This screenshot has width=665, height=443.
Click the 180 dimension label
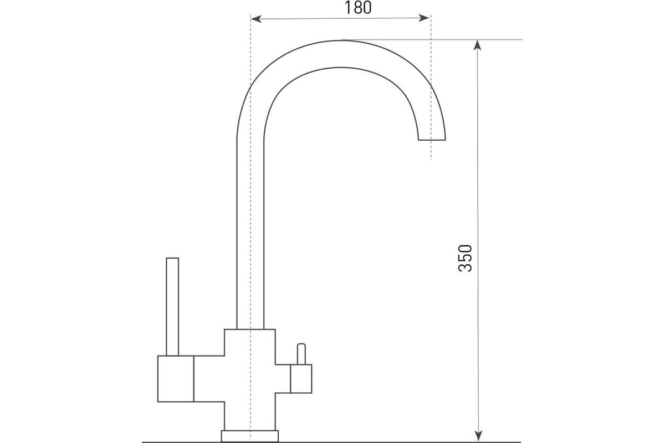pos(358,8)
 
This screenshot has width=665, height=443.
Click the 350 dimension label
pos(465,259)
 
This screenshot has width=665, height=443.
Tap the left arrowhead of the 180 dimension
pos(256,19)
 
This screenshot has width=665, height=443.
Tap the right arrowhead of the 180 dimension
pos(423,18)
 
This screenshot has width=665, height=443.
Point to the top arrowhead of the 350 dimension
pos(477,45)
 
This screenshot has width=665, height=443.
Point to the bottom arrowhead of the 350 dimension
pos(478,436)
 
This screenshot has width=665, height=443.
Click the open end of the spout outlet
pos(432,140)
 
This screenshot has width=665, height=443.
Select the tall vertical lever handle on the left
pos(172,307)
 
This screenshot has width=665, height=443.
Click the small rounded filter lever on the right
pos(301,354)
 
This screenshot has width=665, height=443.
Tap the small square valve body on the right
pos(301,379)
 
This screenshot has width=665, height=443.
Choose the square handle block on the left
pos(176,379)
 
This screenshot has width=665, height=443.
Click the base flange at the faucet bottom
pos(250,436)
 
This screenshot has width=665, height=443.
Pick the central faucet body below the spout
pos(250,379)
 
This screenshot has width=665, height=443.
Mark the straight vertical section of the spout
pos(250,234)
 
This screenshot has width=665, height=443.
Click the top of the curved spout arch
pos(341,54)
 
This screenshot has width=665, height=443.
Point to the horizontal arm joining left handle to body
pos(209,379)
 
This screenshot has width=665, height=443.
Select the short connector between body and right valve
pos(283,379)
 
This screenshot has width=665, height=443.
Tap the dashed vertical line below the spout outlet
pos(431,150)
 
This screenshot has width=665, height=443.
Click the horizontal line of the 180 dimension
pos(340,18)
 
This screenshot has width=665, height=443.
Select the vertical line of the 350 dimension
pos(478,240)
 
